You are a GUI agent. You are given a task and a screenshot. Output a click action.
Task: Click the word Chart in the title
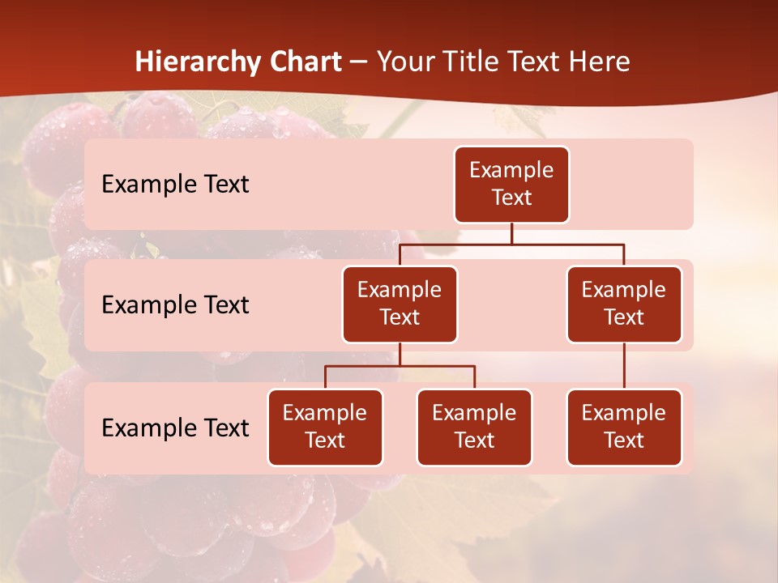tap(306, 62)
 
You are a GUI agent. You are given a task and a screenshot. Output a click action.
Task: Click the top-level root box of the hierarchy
tap(511, 184)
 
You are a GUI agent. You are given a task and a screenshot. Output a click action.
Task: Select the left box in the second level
tap(400, 304)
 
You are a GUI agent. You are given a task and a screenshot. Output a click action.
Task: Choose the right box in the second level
tap(624, 304)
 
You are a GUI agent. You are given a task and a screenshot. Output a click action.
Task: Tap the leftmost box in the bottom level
tap(325, 427)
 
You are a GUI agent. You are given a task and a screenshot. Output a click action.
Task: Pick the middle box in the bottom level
tap(474, 427)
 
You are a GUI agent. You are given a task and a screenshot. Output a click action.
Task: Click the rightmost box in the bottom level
tap(624, 427)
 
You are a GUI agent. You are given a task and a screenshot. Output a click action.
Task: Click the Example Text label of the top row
tap(175, 185)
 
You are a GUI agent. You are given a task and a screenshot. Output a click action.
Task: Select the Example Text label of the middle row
tap(175, 305)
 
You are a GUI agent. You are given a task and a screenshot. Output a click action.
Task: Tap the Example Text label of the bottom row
tap(175, 428)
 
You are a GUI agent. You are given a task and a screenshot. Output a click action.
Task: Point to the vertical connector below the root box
tap(511, 233)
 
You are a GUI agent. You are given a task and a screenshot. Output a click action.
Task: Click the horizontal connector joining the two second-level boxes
tap(567, 243)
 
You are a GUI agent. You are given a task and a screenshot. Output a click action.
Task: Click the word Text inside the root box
tap(511, 198)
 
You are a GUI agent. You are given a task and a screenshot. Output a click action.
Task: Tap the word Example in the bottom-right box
tap(624, 413)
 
